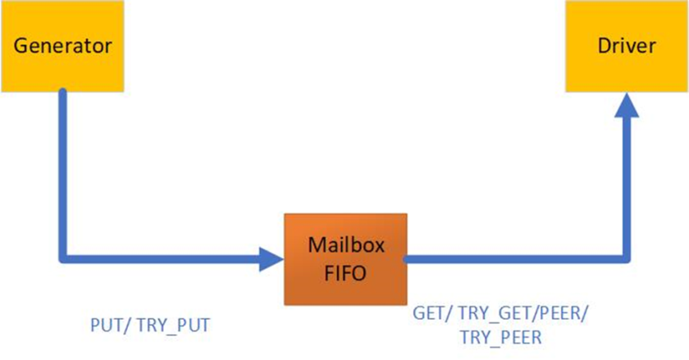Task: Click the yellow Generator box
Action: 62,46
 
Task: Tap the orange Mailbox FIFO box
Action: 345,259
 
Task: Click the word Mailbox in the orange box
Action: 345,245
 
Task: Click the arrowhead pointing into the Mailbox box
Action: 271,259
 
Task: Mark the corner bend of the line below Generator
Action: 63,258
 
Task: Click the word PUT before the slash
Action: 105,326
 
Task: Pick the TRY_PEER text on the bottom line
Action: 501,337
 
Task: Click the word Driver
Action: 627,46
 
